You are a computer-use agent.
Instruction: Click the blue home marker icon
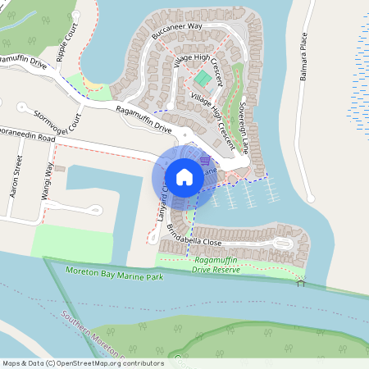coord(184,176)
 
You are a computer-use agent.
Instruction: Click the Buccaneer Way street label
coord(177,32)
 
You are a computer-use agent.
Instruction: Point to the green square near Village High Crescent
coord(201,78)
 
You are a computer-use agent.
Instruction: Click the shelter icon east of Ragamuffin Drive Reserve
coord(301,285)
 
